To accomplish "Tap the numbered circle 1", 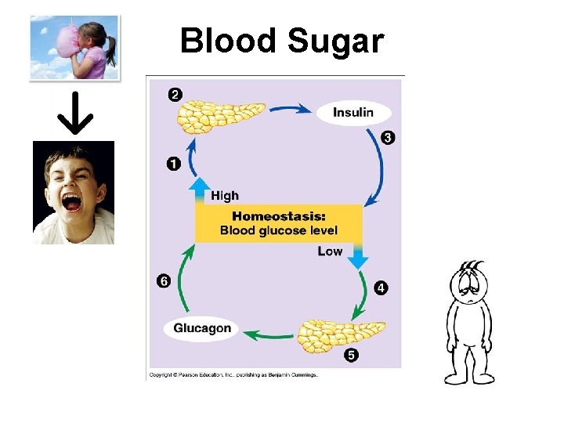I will click(x=173, y=164).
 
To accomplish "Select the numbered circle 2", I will click(x=175, y=95).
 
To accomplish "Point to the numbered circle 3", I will click(x=388, y=138).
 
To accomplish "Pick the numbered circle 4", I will click(x=381, y=287).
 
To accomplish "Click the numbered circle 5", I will click(x=352, y=356).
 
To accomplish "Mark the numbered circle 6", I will click(x=163, y=280).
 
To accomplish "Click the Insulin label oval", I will click(x=353, y=112).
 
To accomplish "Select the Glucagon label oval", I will click(x=202, y=328).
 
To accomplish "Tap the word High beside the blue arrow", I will click(x=225, y=196).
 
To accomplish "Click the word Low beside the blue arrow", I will click(x=330, y=251).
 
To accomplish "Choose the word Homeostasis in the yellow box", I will click(x=279, y=216).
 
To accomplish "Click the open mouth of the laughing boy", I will click(x=71, y=203).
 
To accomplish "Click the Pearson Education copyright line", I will click(x=233, y=375).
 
